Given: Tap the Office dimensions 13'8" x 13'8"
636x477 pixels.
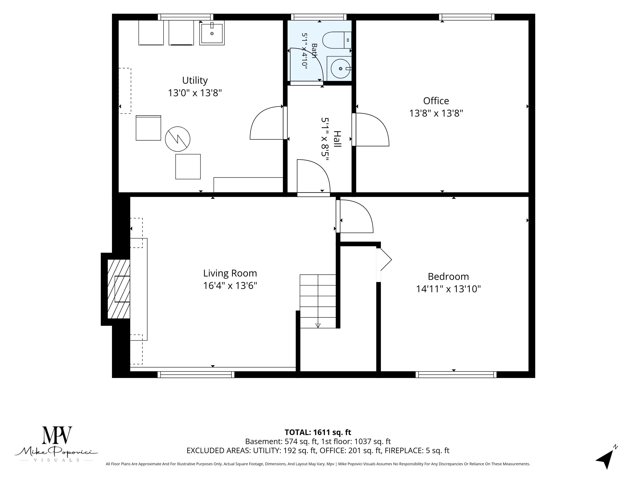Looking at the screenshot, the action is click(436, 113).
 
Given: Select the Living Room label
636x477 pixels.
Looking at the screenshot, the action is click(230, 273).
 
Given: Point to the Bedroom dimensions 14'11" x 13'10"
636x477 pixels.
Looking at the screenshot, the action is click(448, 289).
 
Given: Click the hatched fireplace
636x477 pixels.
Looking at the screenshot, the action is click(118, 289).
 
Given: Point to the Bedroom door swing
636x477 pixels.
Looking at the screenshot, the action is click(357, 216).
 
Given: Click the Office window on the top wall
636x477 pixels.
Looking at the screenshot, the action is click(467, 17).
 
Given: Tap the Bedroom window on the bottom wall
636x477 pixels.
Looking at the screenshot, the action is click(456, 374).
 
